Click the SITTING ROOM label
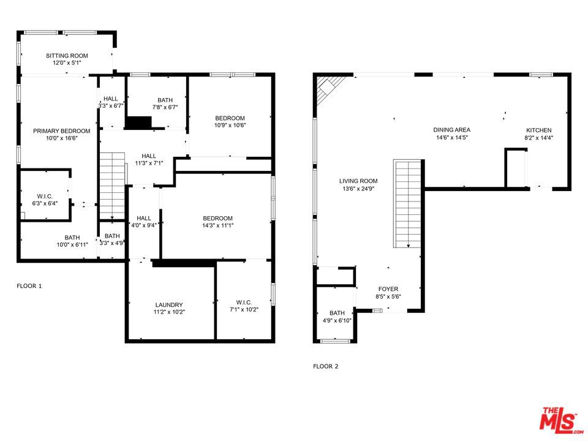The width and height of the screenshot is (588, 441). [67, 56]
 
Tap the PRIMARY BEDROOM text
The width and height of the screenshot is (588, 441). [61, 131]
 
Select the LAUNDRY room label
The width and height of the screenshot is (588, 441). [169, 304]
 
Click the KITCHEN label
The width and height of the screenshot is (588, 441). [539, 130]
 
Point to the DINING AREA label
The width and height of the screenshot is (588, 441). [451, 130]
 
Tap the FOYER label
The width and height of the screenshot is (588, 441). [388, 289]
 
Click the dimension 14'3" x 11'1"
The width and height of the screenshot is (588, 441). [217, 225]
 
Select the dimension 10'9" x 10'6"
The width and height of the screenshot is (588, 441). [230, 126]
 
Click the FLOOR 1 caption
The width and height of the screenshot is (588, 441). [29, 286]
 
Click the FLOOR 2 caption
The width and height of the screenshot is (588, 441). [325, 367]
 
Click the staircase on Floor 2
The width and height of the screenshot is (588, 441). [408, 202]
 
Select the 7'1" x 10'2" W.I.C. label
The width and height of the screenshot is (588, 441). [244, 306]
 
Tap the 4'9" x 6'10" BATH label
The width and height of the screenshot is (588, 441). [337, 317]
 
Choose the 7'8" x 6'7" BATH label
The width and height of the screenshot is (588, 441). [165, 104]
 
